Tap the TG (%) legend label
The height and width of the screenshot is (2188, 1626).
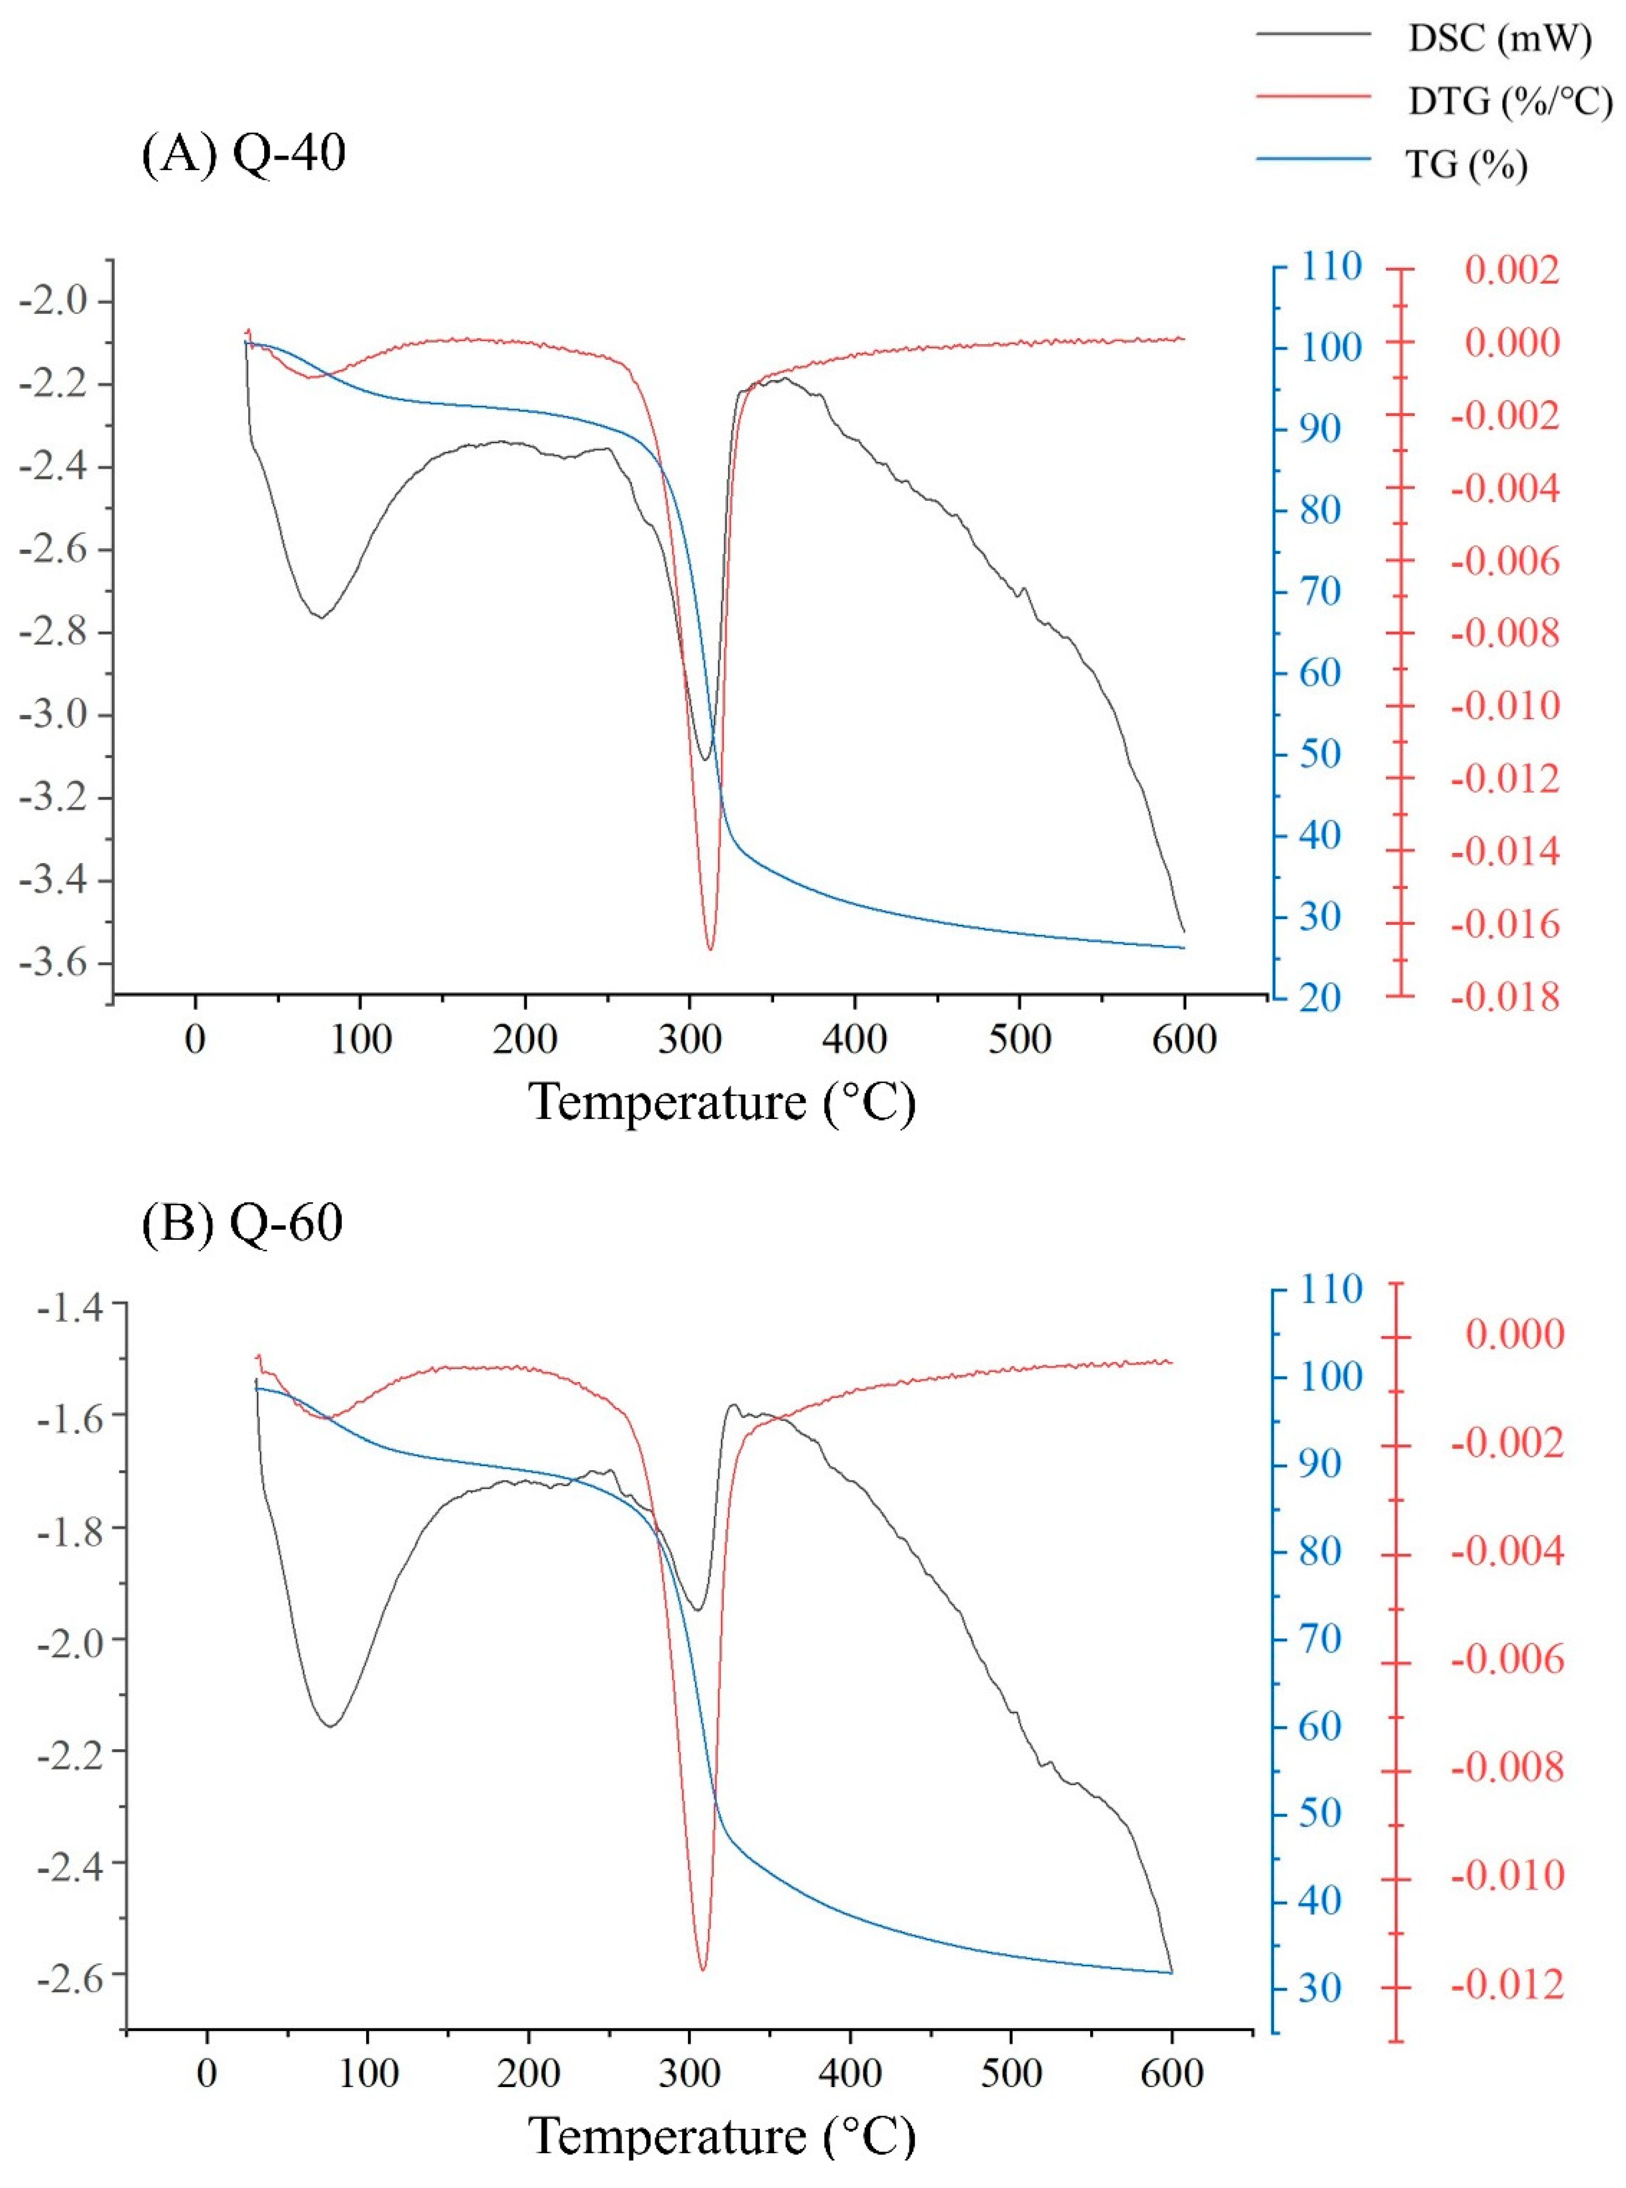click(x=1466, y=164)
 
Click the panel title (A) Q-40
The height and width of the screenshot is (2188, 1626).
click(x=244, y=154)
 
